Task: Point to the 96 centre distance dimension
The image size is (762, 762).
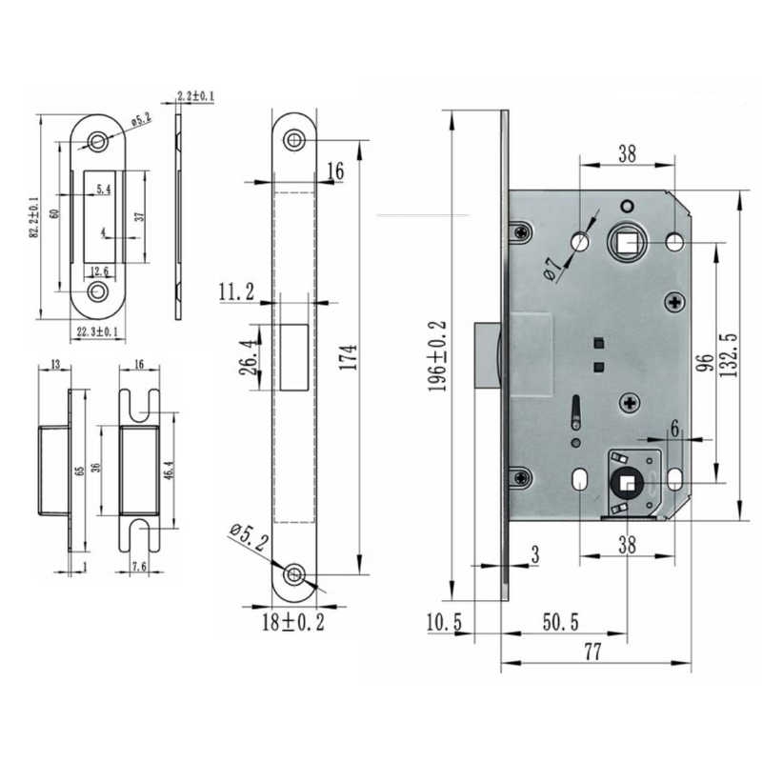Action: coord(706,365)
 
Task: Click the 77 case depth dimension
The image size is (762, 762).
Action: coord(593,652)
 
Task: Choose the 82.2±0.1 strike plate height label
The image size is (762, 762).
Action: coord(33,218)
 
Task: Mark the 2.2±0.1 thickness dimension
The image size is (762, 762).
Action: coord(194,96)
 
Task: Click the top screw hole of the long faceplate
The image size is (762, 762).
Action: coord(295,138)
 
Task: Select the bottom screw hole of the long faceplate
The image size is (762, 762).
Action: coord(295,574)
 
